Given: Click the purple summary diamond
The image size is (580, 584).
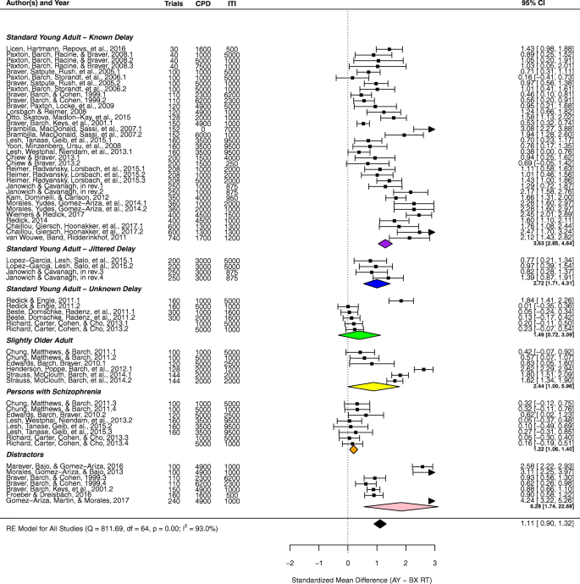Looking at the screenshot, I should tap(386, 243).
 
